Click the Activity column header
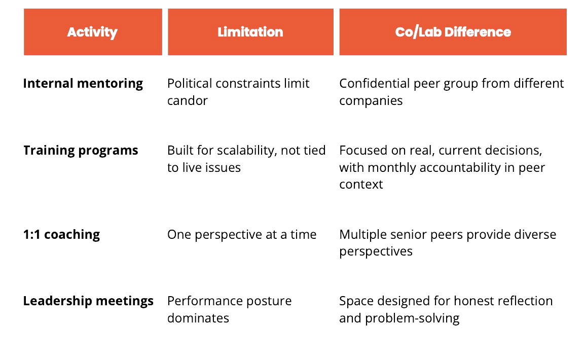coord(92,32)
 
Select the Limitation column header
coord(250,32)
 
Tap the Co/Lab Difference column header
coord(453,32)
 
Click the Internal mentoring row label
coord(84,83)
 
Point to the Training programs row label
coord(81,151)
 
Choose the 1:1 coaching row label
coord(62,234)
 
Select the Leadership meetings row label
coord(89,301)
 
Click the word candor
coord(187,100)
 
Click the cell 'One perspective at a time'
coord(242,234)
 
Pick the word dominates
coord(198,318)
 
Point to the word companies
coord(371,100)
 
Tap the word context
coord(361,184)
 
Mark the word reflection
coord(526,301)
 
